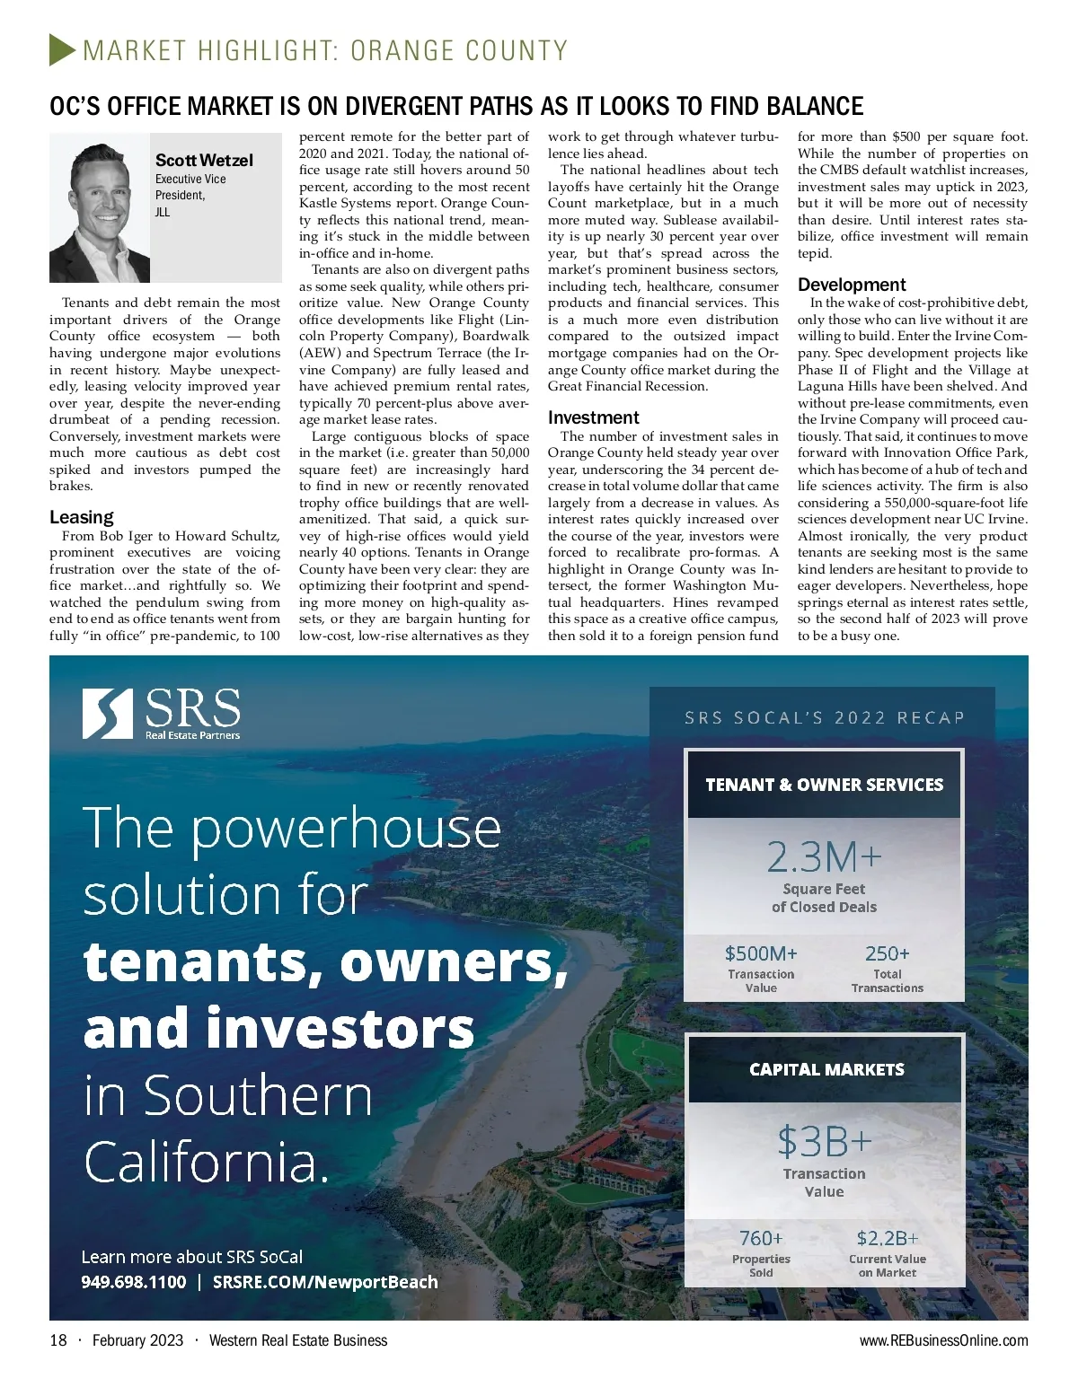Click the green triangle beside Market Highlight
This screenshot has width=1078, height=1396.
62,49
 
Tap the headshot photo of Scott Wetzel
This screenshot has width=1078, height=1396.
100,208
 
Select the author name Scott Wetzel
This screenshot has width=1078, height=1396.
204,161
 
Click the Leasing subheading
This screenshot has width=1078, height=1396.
82,517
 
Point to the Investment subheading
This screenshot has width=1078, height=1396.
593,417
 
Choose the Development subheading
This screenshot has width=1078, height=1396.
852,285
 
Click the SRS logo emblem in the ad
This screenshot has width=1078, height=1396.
108,714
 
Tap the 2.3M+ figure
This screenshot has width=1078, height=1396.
824,857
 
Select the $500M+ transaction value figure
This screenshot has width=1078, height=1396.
761,953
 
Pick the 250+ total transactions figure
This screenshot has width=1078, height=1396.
887,953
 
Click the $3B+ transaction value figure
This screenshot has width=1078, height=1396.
824,1142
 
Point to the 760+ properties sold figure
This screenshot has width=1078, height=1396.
761,1239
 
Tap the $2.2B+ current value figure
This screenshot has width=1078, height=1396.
887,1239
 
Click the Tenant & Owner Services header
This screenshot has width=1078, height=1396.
824,785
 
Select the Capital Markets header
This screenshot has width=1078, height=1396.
826,1069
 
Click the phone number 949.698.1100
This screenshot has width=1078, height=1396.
134,1282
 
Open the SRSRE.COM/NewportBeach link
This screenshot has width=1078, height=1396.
325,1282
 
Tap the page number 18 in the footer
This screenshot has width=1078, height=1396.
58,1340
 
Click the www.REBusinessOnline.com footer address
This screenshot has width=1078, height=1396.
943,1340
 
